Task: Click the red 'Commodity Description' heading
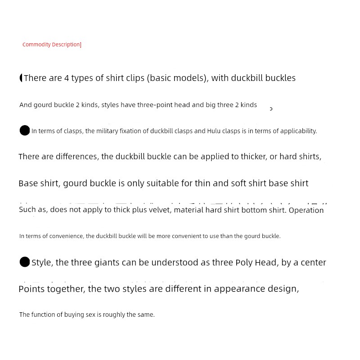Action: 51,45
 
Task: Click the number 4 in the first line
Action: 67,78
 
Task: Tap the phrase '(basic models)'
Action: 177,78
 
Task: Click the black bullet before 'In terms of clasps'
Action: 25,130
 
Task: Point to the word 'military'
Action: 108,131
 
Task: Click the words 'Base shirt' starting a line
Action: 38,183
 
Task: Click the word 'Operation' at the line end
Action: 306,210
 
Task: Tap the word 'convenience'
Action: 68,236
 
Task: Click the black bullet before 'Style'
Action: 25,262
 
